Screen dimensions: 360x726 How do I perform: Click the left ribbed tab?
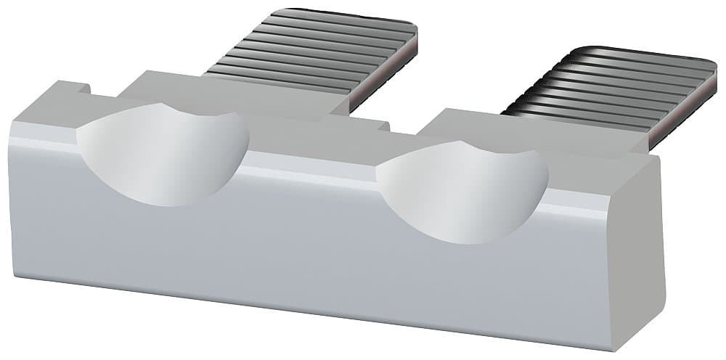click(312, 51)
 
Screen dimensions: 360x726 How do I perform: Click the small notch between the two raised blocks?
click(383, 126)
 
